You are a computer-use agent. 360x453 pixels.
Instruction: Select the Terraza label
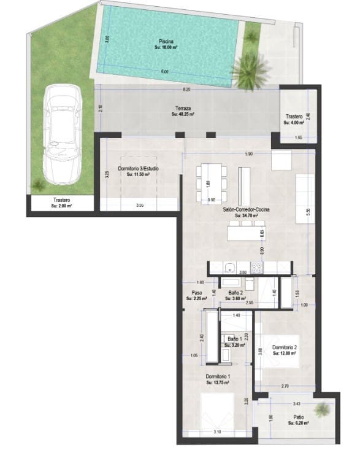coord(183,110)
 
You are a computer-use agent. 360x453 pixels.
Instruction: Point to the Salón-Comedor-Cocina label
coord(244,212)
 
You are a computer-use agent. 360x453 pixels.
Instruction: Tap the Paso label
coord(197,295)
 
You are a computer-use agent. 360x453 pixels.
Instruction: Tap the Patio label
coord(297,419)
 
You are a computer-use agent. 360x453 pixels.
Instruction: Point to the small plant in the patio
coord(320,409)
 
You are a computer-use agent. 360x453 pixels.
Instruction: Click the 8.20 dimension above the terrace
coord(186,90)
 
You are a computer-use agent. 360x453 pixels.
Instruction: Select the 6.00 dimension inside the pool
coord(164,72)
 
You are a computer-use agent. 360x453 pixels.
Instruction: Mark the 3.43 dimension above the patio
coord(297,404)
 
